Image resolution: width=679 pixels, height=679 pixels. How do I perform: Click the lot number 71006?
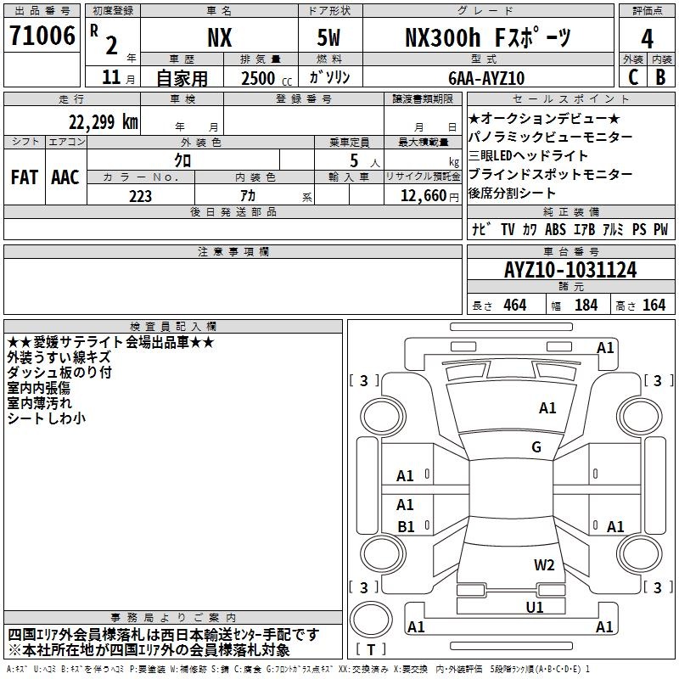[42, 36]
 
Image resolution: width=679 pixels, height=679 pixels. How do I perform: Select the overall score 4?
[647, 39]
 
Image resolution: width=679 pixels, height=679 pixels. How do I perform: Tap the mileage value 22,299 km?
[103, 122]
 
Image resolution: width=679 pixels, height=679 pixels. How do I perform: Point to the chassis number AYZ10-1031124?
[570, 270]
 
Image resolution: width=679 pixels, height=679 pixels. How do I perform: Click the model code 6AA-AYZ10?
[486, 78]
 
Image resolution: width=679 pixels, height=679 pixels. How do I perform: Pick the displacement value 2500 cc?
[267, 78]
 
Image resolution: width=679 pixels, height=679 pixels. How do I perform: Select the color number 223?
[140, 196]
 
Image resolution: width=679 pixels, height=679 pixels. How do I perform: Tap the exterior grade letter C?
[633, 77]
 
